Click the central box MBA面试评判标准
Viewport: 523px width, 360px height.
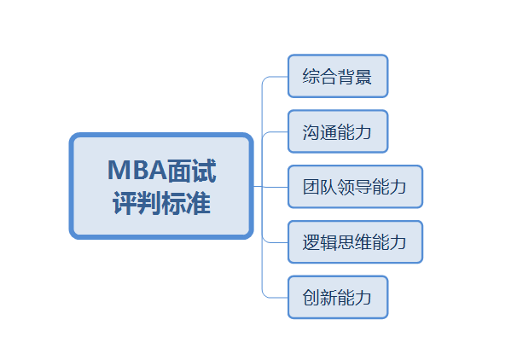[x=161, y=186]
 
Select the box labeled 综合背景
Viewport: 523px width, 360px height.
[x=338, y=76]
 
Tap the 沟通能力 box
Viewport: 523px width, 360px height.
[x=338, y=131]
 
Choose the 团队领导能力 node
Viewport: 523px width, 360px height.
[x=355, y=187]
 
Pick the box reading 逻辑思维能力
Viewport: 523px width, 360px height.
[x=355, y=242]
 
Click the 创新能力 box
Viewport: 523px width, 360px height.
[x=338, y=297]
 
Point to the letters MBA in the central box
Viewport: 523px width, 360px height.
[x=137, y=170]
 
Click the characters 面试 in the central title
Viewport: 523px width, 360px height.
[x=192, y=171]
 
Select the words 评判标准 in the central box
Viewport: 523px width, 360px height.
[x=161, y=203]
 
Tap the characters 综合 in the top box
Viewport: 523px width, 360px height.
[x=320, y=77]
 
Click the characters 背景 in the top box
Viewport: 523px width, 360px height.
[x=354, y=77]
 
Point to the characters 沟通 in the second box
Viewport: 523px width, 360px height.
[x=320, y=131]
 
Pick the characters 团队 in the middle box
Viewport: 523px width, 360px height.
[x=320, y=187]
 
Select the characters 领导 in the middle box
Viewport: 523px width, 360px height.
[x=354, y=187]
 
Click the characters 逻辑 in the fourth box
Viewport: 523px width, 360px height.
[x=320, y=242]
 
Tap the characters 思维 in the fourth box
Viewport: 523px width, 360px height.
[x=354, y=242]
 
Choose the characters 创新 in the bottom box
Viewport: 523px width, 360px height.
[x=320, y=298]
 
